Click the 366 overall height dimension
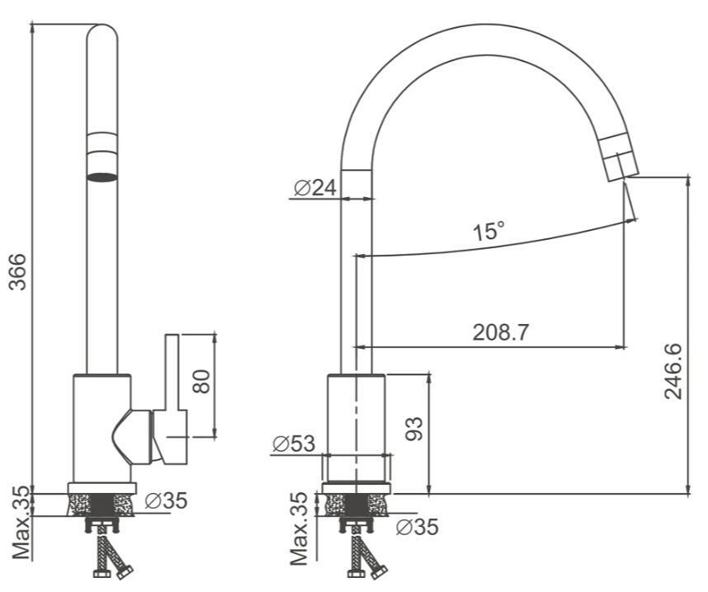pyautogui.click(x=18, y=272)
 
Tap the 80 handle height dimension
pyautogui.click(x=201, y=381)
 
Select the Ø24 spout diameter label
pyautogui.click(x=315, y=188)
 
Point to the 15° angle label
pyautogui.click(x=489, y=231)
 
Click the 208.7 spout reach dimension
pyautogui.click(x=500, y=332)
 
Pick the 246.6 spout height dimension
pyautogui.click(x=673, y=371)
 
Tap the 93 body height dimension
pyautogui.click(x=414, y=429)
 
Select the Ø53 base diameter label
pyautogui.click(x=294, y=444)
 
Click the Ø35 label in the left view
pyautogui.click(x=166, y=500)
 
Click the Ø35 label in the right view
pyautogui.click(x=417, y=527)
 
